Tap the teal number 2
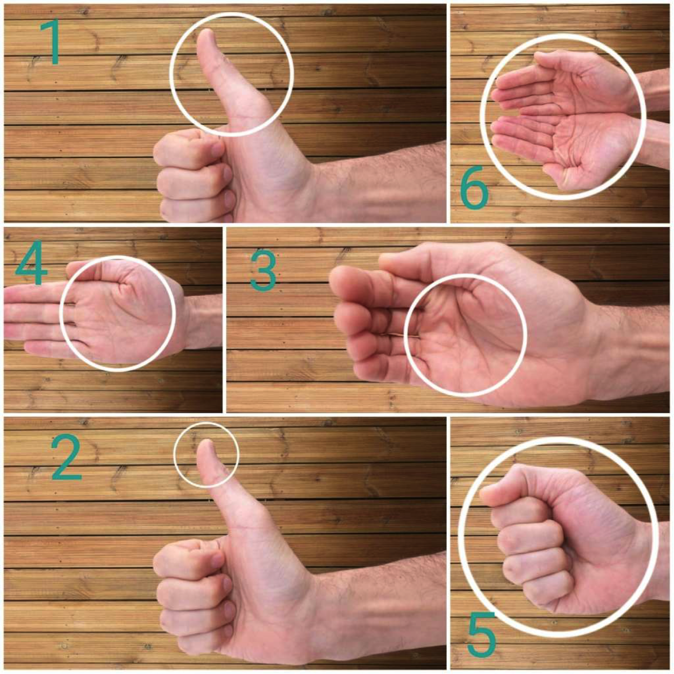point(66,458)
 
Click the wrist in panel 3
point(600,347)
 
